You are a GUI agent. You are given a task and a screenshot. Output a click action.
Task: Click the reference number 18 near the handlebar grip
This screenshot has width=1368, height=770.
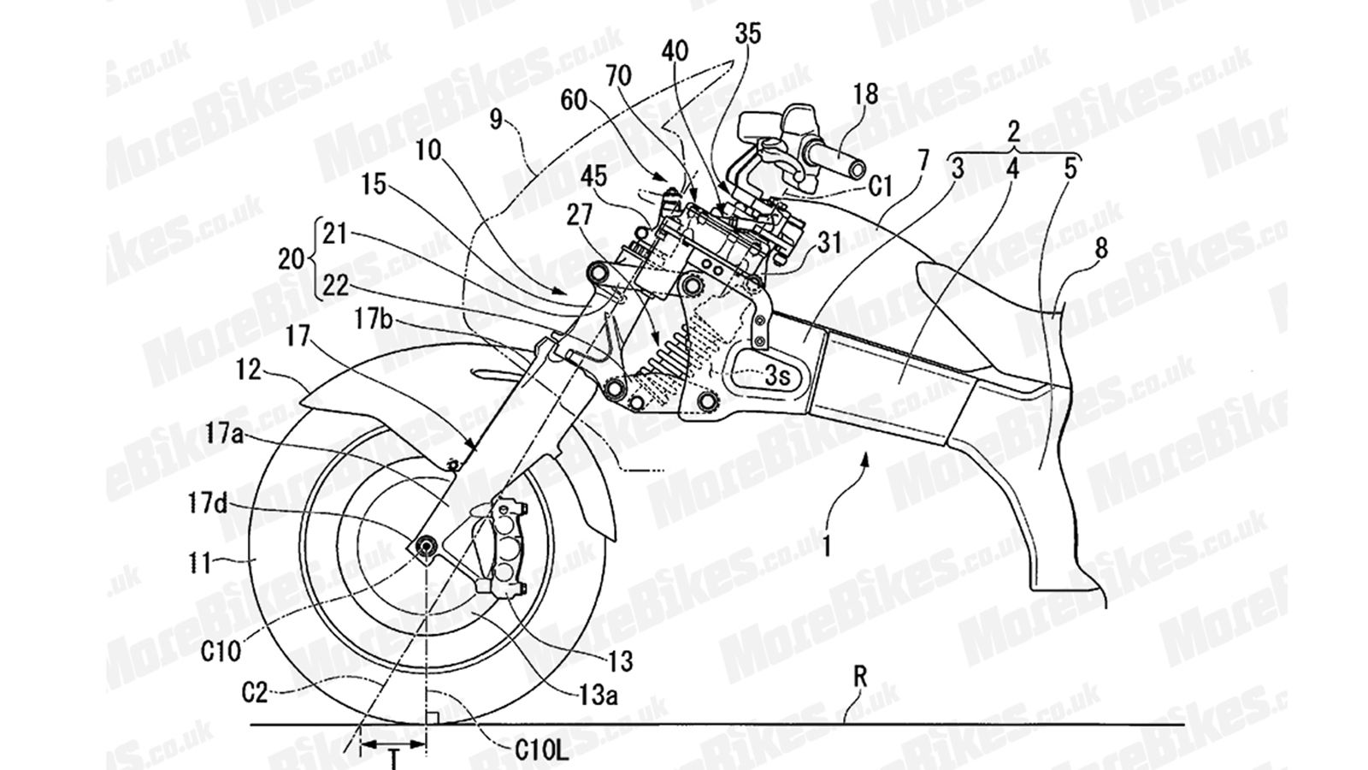(x=865, y=94)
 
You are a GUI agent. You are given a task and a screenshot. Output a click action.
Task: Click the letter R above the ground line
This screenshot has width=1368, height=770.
(x=860, y=678)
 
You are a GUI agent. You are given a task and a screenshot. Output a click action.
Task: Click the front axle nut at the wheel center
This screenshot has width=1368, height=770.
(x=425, y=545)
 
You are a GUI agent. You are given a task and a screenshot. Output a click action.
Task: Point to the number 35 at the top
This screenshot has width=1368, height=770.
(x=746, y=34)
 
